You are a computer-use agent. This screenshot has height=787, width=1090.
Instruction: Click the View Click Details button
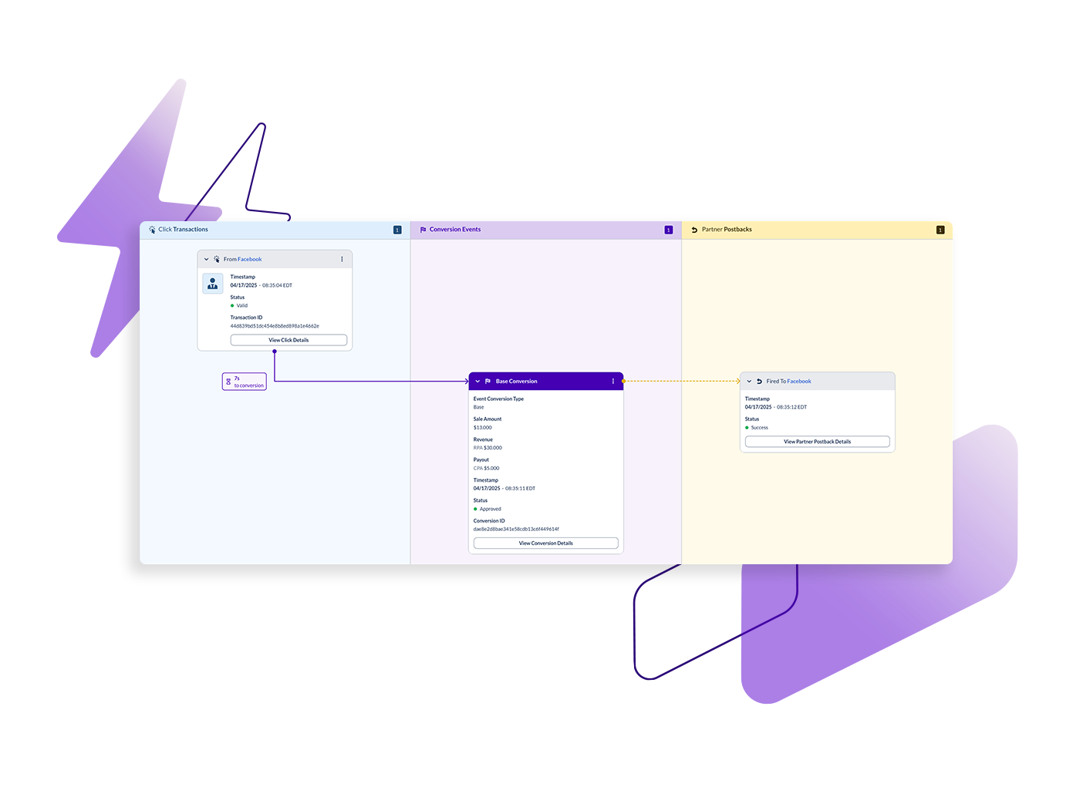tap(289, 340)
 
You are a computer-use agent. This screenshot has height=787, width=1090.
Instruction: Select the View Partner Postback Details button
tap(817, 442)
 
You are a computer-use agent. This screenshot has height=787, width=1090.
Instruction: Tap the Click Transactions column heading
tap(183, 230)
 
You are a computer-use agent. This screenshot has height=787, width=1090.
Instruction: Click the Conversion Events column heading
tap(454, 230)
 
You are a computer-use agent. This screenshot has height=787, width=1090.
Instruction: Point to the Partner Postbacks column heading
tap(726, 230)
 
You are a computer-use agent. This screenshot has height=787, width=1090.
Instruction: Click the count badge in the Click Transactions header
tap(397, 230)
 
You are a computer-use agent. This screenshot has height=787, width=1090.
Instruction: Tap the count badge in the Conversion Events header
tap(668, 230)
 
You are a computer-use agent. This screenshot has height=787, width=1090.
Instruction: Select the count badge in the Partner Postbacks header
tap(940, 230)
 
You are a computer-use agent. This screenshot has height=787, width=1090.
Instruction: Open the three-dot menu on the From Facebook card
tap(342, 259)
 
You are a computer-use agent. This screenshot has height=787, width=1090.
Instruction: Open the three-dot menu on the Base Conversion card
tap(613, 382)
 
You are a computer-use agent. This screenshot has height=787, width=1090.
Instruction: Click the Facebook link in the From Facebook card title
tap(250, 259)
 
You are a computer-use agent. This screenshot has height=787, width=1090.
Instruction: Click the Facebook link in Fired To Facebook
tap(799, 382)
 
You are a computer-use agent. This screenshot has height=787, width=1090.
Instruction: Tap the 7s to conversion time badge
tap(245, 382)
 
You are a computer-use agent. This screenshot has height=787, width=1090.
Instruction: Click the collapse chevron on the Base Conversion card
tap(478, 382)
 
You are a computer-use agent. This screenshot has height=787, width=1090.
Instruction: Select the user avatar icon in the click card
tap(213, 284)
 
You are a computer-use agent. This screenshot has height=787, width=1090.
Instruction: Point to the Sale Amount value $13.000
tap(483, 428)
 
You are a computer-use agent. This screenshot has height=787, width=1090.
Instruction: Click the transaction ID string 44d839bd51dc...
tap(275, 326)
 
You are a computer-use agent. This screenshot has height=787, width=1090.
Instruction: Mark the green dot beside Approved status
tap(475, 509)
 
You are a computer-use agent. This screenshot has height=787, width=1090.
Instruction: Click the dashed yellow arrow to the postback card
tap(681, 381)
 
